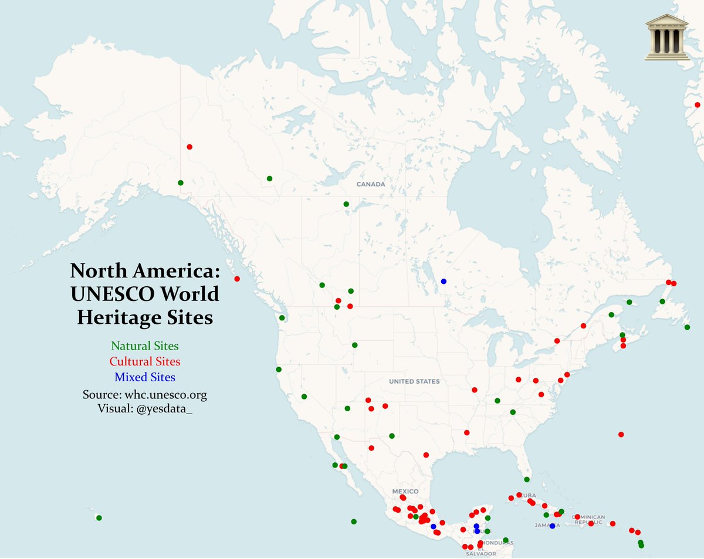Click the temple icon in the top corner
(x=666, y=37)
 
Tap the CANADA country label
(x=371, y=184)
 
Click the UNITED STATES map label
(x=414, y=381)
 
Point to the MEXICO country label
(x=405, y=491)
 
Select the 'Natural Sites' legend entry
(x=145, y=346)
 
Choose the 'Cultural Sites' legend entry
(x=145, y=361)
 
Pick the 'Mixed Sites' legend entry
(x=145, y=377)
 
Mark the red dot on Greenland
(x=697, y=105)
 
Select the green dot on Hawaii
(x=99, y=518)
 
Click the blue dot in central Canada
(x=444, y=281)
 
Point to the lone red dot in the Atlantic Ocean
(x=621, y=435)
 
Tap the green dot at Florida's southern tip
(x=527, y=479)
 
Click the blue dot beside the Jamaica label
(x=552, y=526)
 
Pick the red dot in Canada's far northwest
(x=189, y=147)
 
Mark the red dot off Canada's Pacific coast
(x=237, y=279)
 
